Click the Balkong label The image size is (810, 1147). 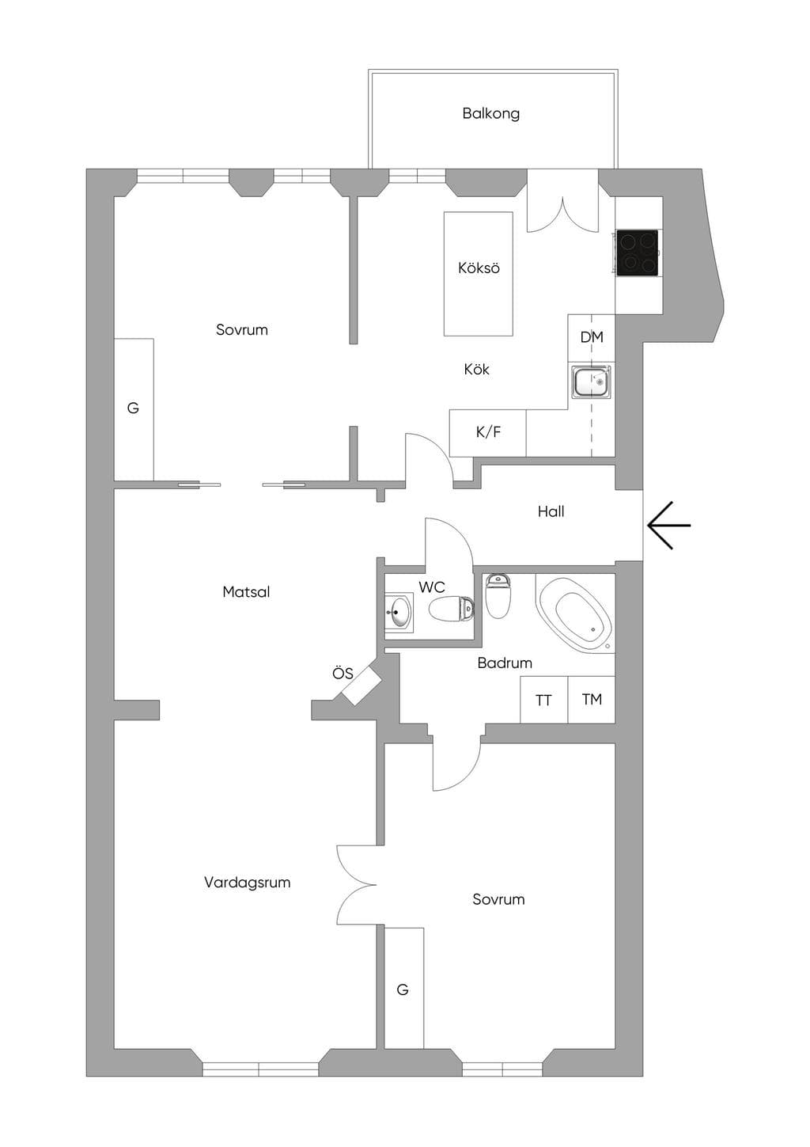pos(490,114)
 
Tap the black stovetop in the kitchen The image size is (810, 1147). pos(637,253)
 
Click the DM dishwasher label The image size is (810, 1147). pos(592,337)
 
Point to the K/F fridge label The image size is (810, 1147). pos(488,432)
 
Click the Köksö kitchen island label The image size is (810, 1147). pos(479,268)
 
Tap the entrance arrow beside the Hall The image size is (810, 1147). pos(668,526)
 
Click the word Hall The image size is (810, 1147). pos(551,511)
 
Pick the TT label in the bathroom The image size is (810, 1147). pos(543,700)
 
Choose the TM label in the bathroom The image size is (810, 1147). pos(592,699)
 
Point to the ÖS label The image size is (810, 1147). pos(343,673)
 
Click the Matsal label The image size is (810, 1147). pos(246,592)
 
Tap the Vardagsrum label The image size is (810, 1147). pos(247,883)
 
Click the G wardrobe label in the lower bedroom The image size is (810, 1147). pos(403,989)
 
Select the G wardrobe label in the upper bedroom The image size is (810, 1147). pos(133,408)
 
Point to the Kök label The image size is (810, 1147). pos(476,369)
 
